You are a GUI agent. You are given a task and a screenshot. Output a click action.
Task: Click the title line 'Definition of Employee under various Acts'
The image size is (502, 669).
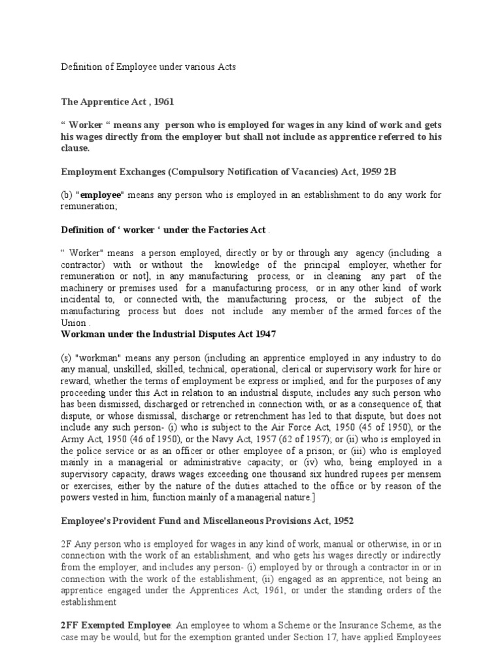(x=148, y=67)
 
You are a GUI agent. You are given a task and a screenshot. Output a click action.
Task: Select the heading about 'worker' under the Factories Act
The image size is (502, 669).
(x=163, y=229)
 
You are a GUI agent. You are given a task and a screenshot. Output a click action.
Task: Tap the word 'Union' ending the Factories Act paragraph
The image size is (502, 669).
(x=74, y=323)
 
